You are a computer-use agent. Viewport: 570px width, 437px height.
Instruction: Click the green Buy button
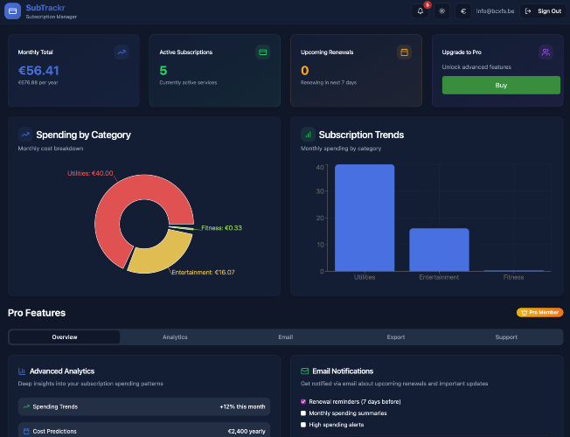tap(501, 85)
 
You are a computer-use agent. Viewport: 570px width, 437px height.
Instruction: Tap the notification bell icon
tap(421, 10)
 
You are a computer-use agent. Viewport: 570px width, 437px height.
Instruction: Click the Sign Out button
tap(543, 10)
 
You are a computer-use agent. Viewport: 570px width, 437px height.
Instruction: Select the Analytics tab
tap(175, 337)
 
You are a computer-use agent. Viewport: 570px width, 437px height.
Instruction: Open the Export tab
tap(396, 337)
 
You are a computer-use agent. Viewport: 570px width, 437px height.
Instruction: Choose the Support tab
tap(506, 337)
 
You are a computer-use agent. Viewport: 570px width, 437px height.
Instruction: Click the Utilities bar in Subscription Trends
tap(365, 218)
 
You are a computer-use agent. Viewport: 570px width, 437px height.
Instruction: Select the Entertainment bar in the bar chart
tap(439, 250)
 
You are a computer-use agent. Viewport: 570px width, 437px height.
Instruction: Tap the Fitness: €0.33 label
tap(221, 228)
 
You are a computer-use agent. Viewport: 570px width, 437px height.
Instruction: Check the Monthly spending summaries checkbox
tap(303, 413)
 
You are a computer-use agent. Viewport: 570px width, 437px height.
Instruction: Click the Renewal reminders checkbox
tap(303, 402)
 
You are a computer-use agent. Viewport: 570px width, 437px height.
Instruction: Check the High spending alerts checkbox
tap(303, 425)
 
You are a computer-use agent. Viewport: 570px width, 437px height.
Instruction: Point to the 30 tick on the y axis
tap(320, 191)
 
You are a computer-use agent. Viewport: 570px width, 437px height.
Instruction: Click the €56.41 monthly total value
tap(38, 71)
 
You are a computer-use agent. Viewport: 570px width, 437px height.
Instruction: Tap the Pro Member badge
tap(539, 312)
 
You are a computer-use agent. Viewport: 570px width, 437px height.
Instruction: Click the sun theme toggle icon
tap(441, 10)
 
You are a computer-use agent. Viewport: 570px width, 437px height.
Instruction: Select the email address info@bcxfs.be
tap(495, 10)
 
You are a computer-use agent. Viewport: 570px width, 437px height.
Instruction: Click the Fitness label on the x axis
tap(514, 277)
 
